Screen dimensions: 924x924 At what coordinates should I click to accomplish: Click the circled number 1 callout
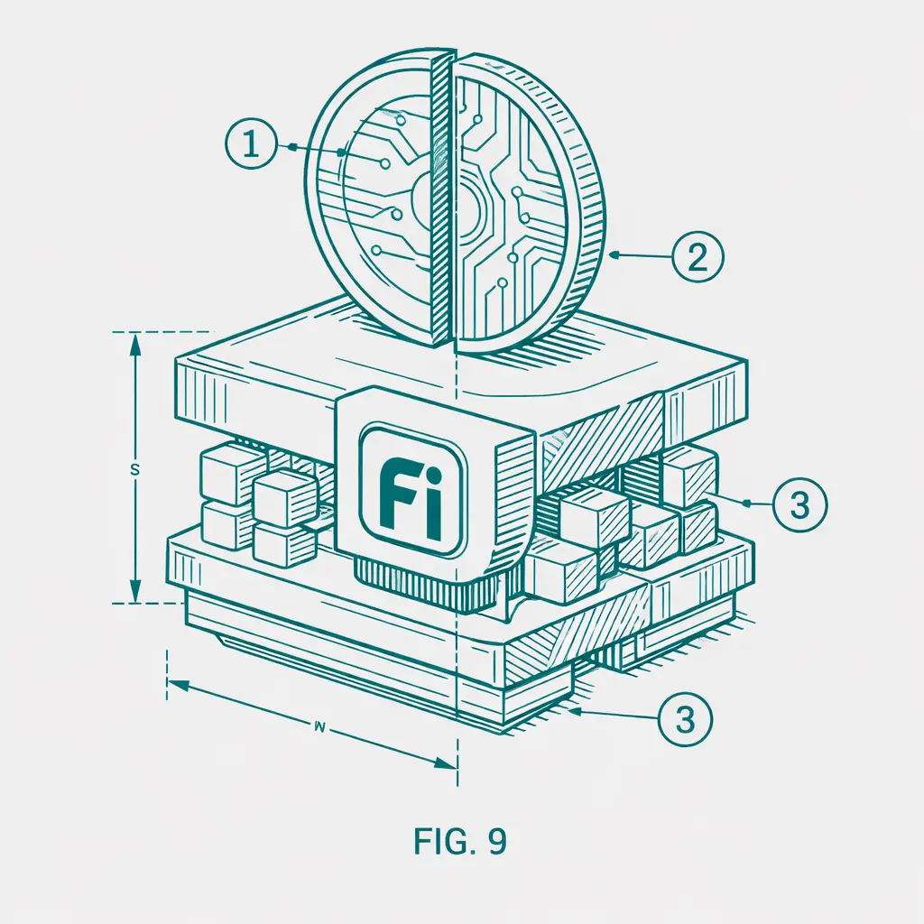[251, 144]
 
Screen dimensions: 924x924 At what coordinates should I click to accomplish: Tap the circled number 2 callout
[698, 257]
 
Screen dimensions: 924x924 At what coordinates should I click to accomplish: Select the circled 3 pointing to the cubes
[799, 505]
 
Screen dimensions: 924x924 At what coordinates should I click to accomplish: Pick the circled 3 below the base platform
[685, 719]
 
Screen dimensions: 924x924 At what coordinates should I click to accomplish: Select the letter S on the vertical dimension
[134, 470]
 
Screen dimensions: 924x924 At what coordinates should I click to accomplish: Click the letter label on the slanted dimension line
[320, 727]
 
